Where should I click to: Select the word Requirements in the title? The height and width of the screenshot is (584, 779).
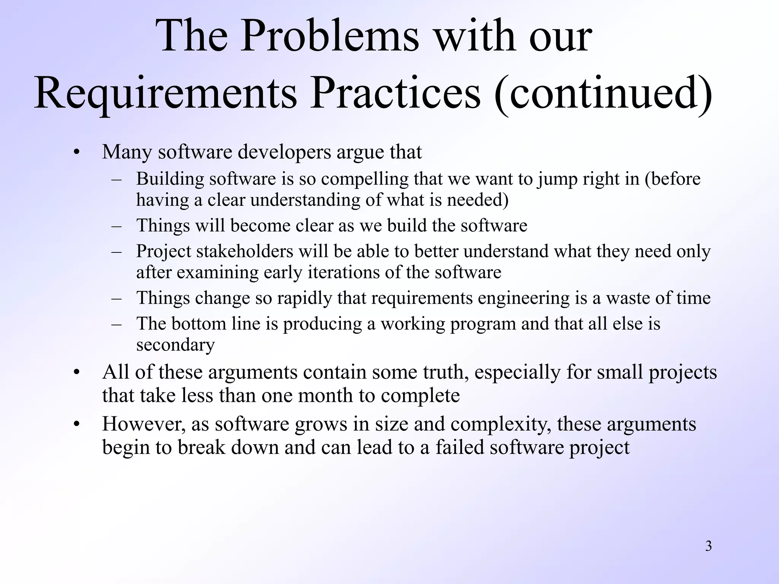pos(165,93)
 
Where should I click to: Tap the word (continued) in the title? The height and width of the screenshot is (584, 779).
pos(604,93)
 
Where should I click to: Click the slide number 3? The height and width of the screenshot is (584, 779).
pos(708,546)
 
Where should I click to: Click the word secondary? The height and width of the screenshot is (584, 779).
pos(175,345)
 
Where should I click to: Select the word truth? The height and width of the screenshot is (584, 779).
pos(445,372)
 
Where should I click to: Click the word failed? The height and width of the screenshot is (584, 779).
pos(459,447)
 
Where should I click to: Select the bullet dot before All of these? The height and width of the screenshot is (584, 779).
pos(77,372)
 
